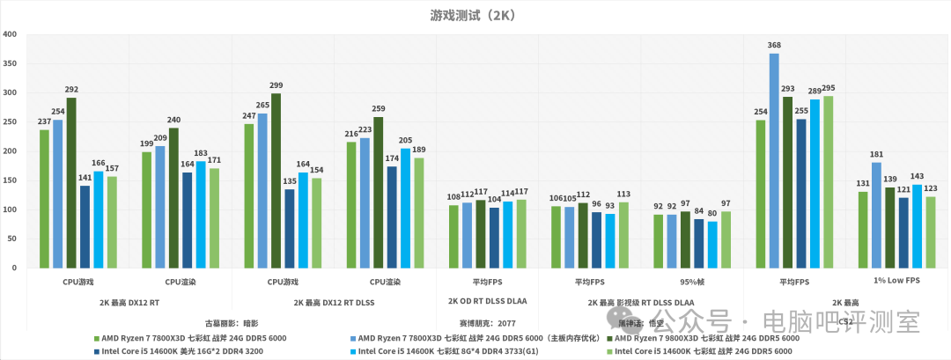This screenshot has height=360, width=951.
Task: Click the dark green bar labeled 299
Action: tap(276, 180)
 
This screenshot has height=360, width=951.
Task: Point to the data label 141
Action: tap(85, 178)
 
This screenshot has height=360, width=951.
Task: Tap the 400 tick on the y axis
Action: tap(11, 34)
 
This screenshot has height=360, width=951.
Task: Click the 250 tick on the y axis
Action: tap(11, 122)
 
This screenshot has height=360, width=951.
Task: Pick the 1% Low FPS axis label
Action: tap(896, 281)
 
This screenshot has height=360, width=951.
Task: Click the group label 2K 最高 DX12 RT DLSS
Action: tap(334, 302)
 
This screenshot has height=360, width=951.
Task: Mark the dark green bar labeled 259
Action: tap(379, 193)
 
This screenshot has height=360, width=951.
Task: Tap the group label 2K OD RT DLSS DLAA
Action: tap(487, 302)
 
